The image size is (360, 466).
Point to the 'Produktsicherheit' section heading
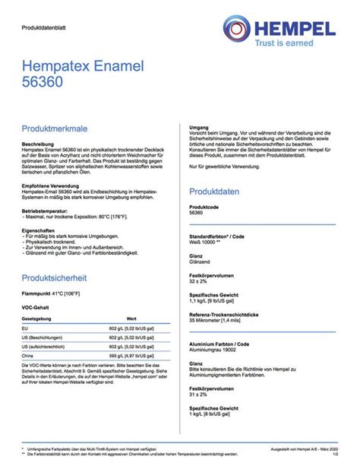point(59,278)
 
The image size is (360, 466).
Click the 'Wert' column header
point(131,318)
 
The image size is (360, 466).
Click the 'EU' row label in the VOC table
point(26,328)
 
